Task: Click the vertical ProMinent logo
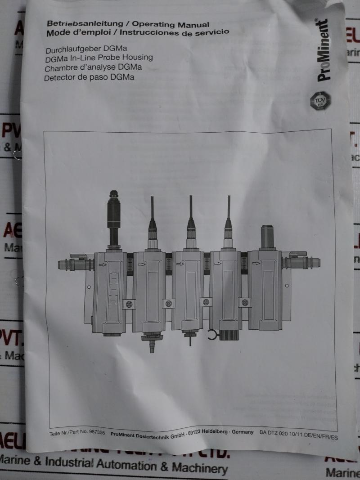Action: pyautogui.click(x=324, y=50)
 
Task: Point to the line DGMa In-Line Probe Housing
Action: pyautogui.click(x=99, y=58)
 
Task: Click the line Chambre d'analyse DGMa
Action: pyautogui.click(x=94, y=68)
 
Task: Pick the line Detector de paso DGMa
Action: pyautogui.click(x=90, y=77)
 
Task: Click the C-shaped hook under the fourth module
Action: pyautogui.click(x=211, y=335)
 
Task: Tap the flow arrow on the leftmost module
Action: pyautogui.click(x=103, y=265)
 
